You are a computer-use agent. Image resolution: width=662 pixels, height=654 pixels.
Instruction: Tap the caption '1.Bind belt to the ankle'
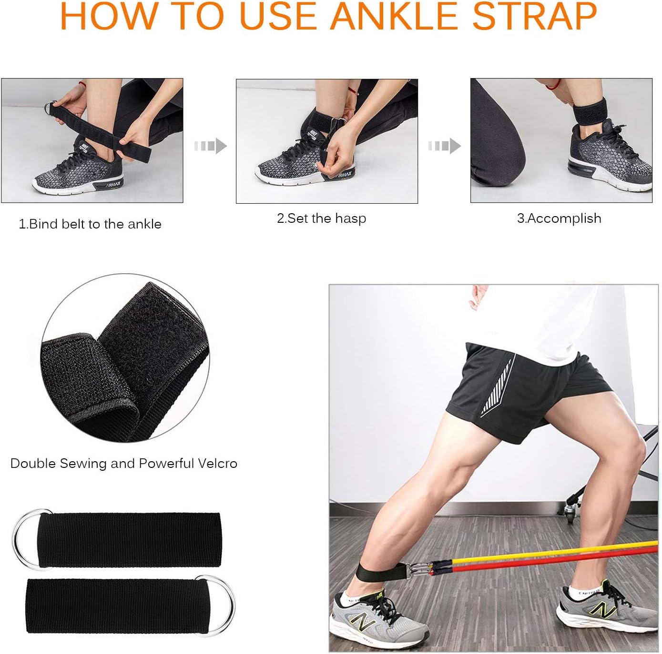pyautogui.click(x=90, y=224)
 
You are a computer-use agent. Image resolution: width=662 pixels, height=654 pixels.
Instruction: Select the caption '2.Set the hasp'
pyautogui.click(x=322, y=218)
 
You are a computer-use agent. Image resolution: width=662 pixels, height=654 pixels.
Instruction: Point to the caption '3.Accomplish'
pyautogui.click(x=559, y=218)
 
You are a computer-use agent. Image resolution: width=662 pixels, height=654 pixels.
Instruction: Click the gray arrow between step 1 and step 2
pyautogui.click(x=210, y=146)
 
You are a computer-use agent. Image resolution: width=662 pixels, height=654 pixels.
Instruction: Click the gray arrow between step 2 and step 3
pyautogui.click(x=444, y=146)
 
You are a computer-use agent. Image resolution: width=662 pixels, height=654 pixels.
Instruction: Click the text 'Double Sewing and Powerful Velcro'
pyautogui.click(x=124, y=464)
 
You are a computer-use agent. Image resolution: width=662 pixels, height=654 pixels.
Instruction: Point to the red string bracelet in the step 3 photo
pyautogui.click(x=553, y=86)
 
